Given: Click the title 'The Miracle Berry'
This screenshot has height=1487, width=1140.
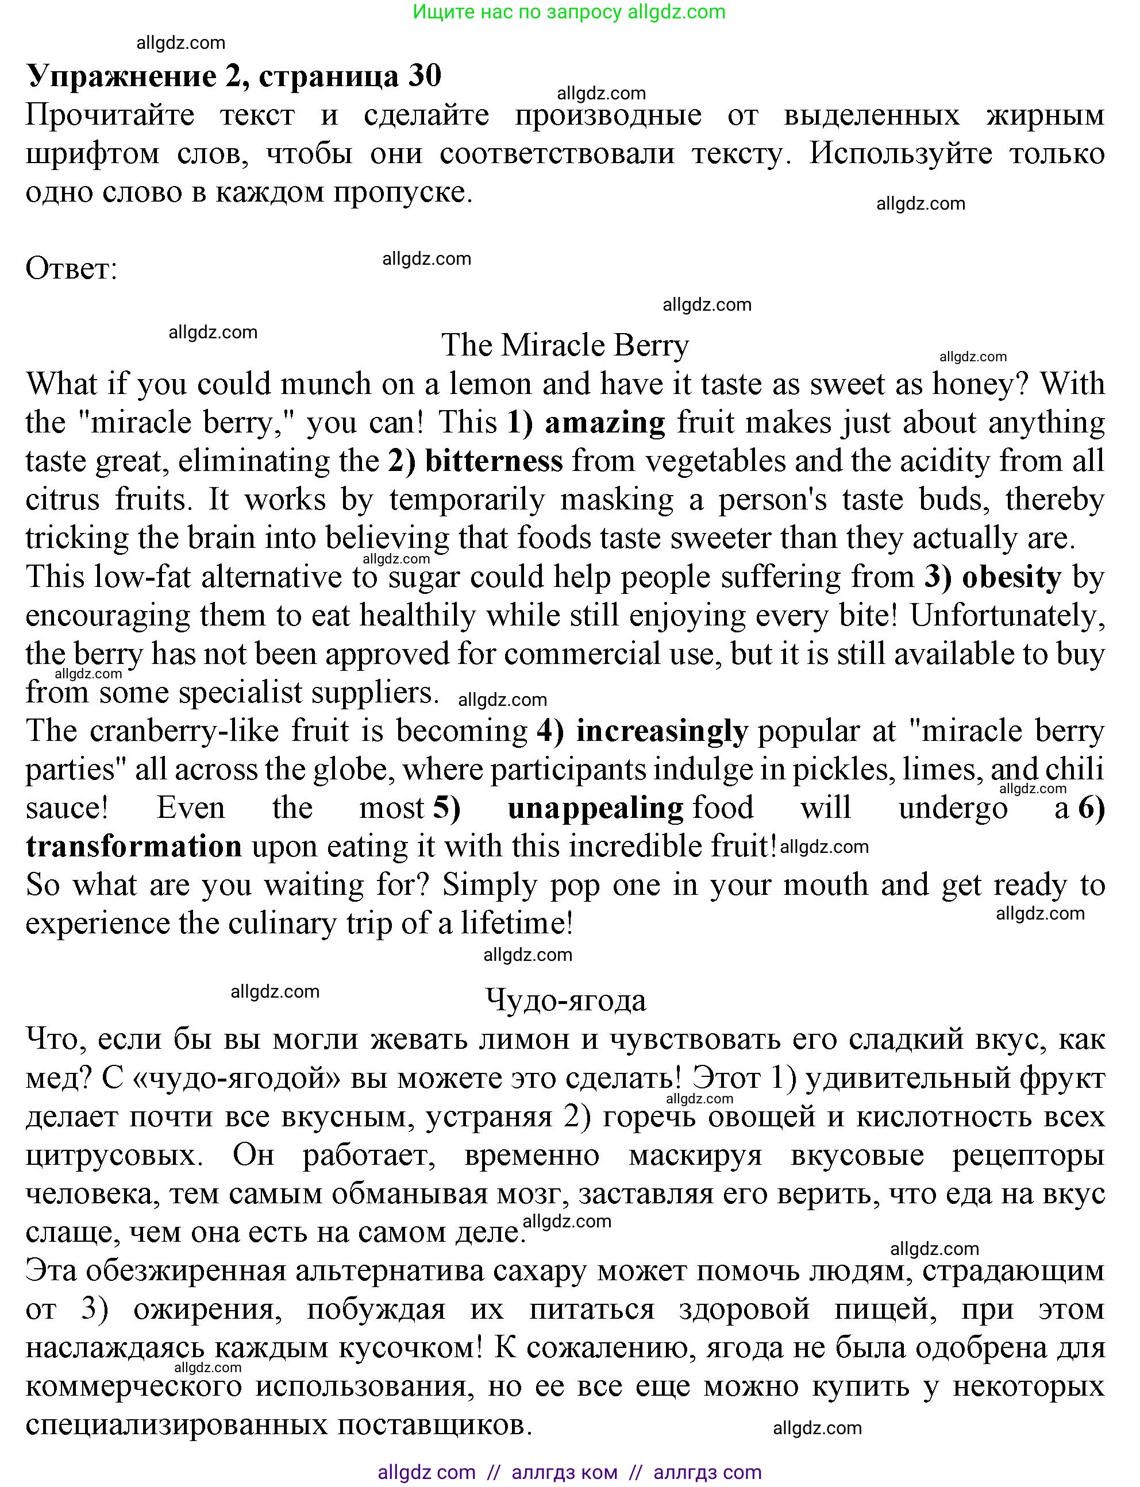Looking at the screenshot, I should (565, 345).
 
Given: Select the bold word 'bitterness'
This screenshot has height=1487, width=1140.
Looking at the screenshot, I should (494, 461).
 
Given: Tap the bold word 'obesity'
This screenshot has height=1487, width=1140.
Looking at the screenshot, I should (1011, 577).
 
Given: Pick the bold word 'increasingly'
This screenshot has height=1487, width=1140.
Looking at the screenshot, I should (661, 731).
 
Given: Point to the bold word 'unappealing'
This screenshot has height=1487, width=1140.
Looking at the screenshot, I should (595, 809).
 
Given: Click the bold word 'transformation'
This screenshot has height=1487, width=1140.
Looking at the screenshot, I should (134, 847).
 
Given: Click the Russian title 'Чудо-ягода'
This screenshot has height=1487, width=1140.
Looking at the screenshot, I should (565, 1000).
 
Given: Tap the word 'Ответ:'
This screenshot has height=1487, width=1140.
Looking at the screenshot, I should (71, 269).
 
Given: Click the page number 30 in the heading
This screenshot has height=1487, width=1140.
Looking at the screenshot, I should (425, 75).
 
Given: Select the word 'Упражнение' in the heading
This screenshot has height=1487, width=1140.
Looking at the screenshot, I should (120, 75).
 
